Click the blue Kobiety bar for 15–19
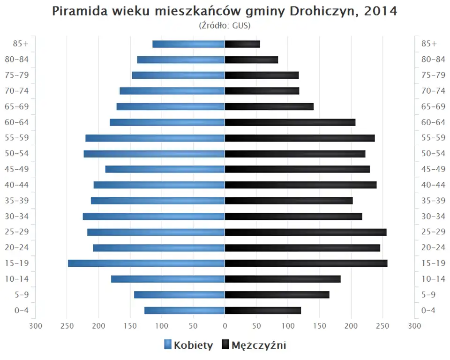click(x=146, y=263)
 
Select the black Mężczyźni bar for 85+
click(x=242, y=44)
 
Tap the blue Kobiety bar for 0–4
click(x=185, y=310)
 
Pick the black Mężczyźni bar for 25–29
click(x=306, y=232)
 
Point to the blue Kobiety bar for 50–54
click(x=154, y=154)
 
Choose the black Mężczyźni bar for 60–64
click(x=290, y=122)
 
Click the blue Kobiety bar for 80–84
click(x=181, y=60)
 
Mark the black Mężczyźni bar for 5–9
click(x=277, y=295)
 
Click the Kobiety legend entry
click(x=188, y=345)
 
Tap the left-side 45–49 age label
click(x=17, y=169)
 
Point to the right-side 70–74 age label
click(x=433, y=91)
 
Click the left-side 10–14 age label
click(x=17, y=279)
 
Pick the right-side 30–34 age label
click(x=433, y=216)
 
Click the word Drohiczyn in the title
click(x=321, y=11)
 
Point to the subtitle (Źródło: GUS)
click(x=225, y=25)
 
